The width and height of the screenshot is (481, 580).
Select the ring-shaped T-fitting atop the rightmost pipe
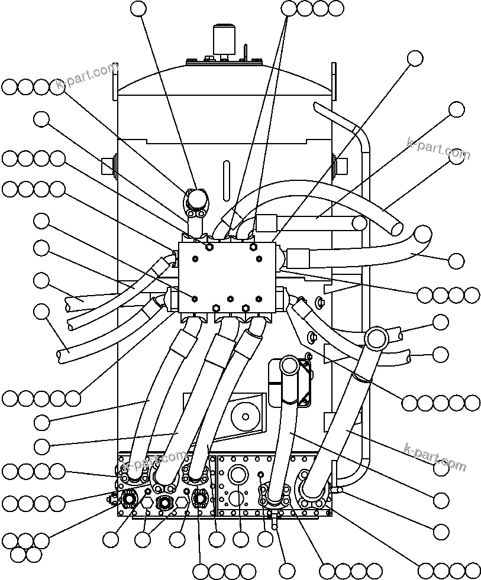point(376,338)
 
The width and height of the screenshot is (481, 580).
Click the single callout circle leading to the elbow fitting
point(137,8)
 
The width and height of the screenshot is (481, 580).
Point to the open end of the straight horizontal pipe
point(359,223)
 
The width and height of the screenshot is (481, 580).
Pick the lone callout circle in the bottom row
point(287,571)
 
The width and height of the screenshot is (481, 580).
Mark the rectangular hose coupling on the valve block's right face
point(298,258)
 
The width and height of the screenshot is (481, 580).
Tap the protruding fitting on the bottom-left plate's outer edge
point(111,500)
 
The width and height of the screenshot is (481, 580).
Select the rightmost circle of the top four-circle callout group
point(336,8)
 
